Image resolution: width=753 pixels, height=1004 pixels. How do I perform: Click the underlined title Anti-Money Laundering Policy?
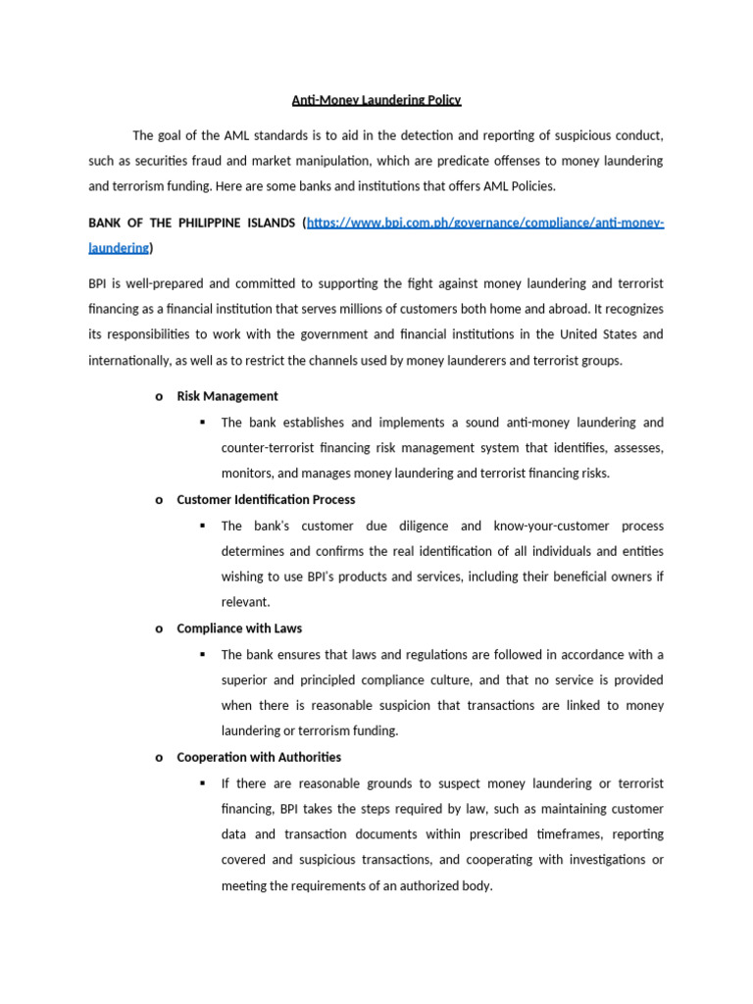click(x=376, y=100)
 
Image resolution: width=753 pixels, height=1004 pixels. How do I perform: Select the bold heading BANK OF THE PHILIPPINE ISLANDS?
click(x=192, y=223)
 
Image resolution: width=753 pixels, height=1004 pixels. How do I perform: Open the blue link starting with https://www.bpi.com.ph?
click(x=485, y=223)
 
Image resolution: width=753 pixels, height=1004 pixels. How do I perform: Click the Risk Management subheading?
click(x=226, y=396)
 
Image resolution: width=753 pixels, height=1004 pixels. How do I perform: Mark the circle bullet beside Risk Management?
click(x=159, y=397)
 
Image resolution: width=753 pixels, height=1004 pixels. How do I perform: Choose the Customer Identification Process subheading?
click(x=265, y=499)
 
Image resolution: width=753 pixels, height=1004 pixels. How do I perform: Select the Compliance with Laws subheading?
click(x=239, y=628)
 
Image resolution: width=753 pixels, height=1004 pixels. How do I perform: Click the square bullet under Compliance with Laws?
click(x=202, y=654)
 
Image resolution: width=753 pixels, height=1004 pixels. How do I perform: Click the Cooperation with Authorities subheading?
click(x=259, y=757)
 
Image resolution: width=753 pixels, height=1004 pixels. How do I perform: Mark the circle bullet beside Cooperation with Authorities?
click(x=159, y=758)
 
